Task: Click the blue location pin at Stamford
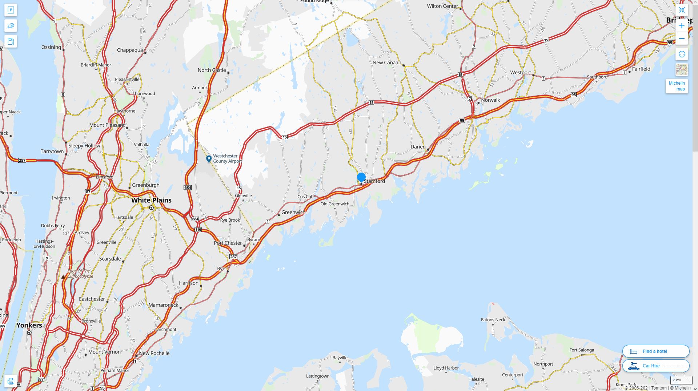[361, 178]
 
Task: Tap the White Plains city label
[151, 200]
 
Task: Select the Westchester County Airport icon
[209, 159]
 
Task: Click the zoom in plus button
[682, 26]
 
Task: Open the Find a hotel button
[655, 351]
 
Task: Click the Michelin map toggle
[677, 86]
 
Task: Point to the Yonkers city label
[29, 325]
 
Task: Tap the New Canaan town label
[387, 63]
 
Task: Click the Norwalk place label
[490, 100]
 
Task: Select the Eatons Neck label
[493, 320]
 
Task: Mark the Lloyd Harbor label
[446, 368]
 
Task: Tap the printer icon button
[11, 381]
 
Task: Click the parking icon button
[11, 10]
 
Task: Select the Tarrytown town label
[52, 151]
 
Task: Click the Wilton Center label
[442, 6]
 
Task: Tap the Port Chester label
[228, 243]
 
